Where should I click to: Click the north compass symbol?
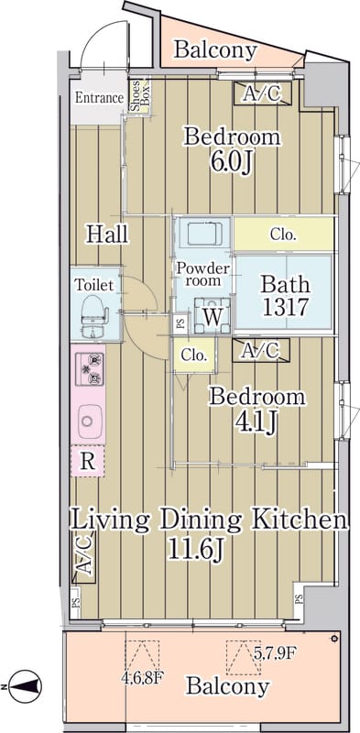pyautogui.click(x=26, y=686)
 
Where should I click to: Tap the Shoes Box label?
pyautogui.click(x=140, y=97)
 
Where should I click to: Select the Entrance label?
pyautogui.click(x=100, y=98)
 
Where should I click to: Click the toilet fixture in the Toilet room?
pyautogui.click(x=95, y=315)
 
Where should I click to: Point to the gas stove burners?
pyautogui.click(x=89, y=369)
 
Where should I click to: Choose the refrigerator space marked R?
pyautogui.click(x=87, y=461)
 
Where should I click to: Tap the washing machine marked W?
pyautogui.click(x=213, y=316)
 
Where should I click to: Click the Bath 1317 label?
pyautogui.click(x=285, y=295)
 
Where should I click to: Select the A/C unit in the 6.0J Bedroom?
pyautogui.click(x=263, y=93)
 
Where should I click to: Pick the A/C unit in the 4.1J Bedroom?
pyautogui.click(x=261, y=350)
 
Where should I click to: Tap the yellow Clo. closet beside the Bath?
pyautogui.click(x=283, y=234)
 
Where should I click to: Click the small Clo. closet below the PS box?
pyautogui.click(x=194, y=356)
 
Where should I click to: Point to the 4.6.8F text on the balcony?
pyautogui.click(x=144, y=677)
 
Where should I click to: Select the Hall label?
pyautogui.click(x=107, y=234)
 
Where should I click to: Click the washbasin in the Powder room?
pyautogui.click(x=204, y=232)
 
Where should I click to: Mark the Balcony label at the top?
pyautogui.click(x=215, y=50)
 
